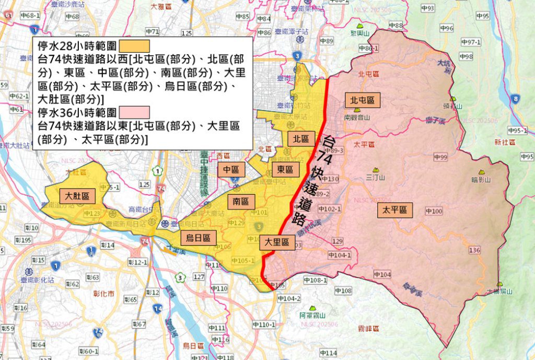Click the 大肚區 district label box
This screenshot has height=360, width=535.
click(x=77, y=196)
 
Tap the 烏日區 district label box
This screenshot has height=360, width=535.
click(x=199, y=238)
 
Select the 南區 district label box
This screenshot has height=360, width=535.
click(x=241, y=201)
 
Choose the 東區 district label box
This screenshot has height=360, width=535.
click(x=285, y=169)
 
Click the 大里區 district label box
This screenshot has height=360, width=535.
click(x=277, y=242)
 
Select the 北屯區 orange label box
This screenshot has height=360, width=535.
click(x=363, y=100)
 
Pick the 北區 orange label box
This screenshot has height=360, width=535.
click(x=301, y=139)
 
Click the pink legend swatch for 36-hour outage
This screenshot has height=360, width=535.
click(x=134, y=112)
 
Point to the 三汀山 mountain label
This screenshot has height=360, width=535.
click(x=376, y=178)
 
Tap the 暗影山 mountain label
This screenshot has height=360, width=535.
click(x=481, y=179)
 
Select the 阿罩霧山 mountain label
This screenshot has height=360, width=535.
click(x=312, y=315)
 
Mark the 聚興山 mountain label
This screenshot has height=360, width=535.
click(x=360, y=33)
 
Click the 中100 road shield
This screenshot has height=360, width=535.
click(x=434, y=211)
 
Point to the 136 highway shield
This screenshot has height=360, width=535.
click(x=474, y=250)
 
